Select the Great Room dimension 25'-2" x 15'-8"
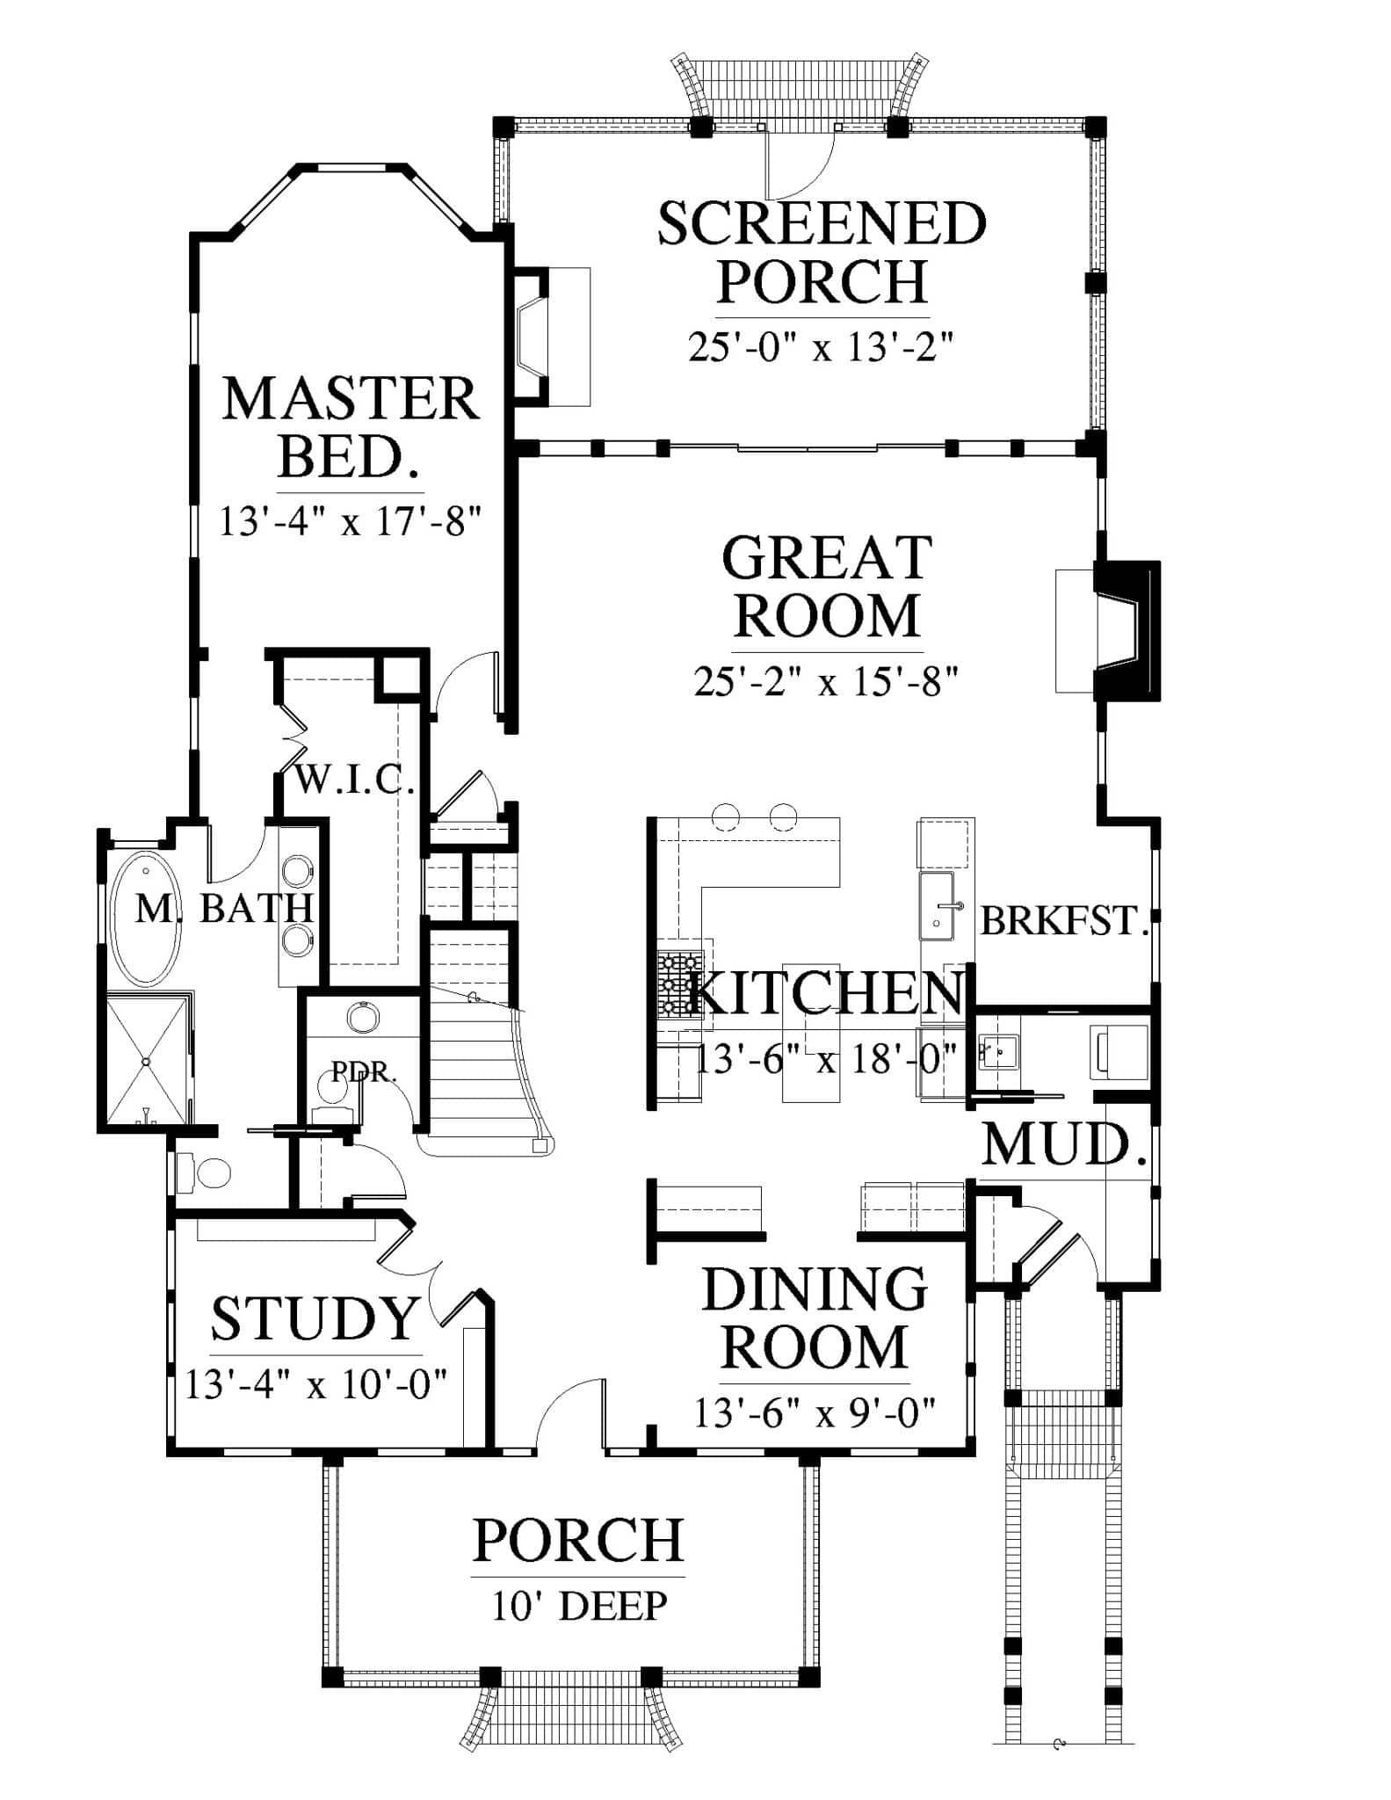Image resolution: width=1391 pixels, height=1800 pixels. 825,681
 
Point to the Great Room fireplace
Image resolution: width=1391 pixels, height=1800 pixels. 1126,630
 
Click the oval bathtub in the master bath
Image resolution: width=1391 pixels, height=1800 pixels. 146,918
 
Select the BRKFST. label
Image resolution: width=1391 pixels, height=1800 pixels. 1064,921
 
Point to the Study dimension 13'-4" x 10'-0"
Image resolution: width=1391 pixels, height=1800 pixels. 316,1385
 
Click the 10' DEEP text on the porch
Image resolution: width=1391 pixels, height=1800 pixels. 579,1606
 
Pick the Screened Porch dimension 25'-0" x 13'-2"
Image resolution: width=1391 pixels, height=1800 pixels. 821,348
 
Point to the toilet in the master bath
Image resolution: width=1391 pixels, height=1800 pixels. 203,1172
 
